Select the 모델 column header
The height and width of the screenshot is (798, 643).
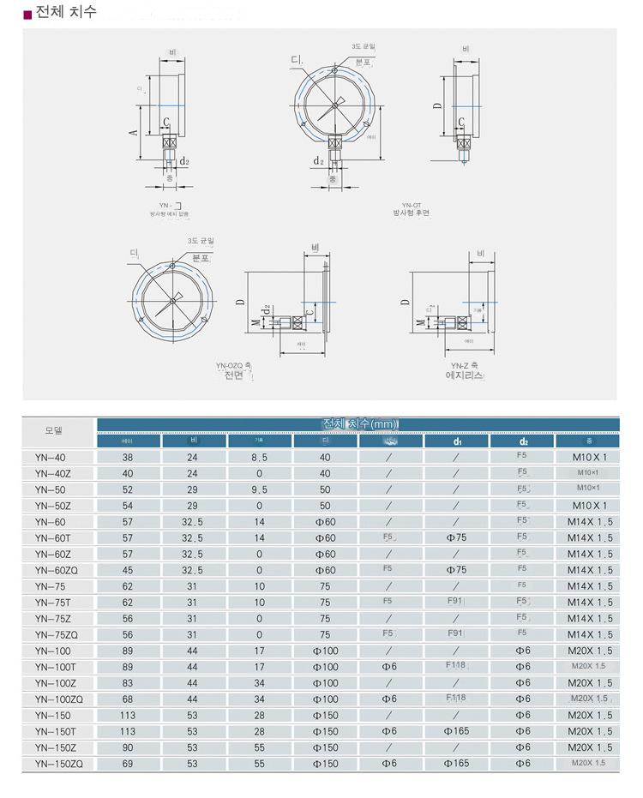point(53,430)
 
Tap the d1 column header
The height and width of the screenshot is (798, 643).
point(457,441)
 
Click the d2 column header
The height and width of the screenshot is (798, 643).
point(523,441)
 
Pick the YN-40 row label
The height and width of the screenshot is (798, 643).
point(50,458)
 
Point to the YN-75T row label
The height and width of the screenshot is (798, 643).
point(52,603)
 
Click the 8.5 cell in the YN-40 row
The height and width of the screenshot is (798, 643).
point(259,458)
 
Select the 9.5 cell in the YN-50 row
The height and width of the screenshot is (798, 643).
point(259,489)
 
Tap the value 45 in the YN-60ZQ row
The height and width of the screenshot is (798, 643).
point(128,570)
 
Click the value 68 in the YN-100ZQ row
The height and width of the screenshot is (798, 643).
point(128,699)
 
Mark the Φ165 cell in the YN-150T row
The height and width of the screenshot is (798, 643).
point(457,731)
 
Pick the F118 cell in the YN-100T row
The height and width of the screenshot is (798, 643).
point(457,666)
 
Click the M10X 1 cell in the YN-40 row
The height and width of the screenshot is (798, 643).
point(589,458)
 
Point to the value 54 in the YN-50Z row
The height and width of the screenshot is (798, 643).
point(128,506)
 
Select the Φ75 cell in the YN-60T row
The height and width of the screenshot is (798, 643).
point(457,538)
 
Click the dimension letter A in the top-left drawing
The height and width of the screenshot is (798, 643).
point(133,132)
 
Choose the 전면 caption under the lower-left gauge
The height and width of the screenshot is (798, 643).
point(234,375)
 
